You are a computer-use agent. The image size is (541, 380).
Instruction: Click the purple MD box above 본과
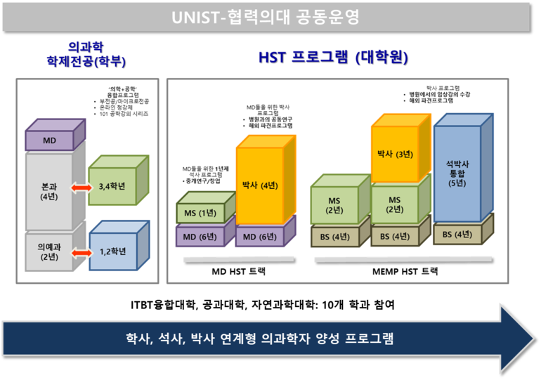pos(49,140)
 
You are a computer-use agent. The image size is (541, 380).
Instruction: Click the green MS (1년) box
pos(196,213)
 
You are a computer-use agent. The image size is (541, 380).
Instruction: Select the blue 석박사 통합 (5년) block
pos(457,173)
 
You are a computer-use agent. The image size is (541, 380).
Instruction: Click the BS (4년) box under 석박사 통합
pos(457,234)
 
